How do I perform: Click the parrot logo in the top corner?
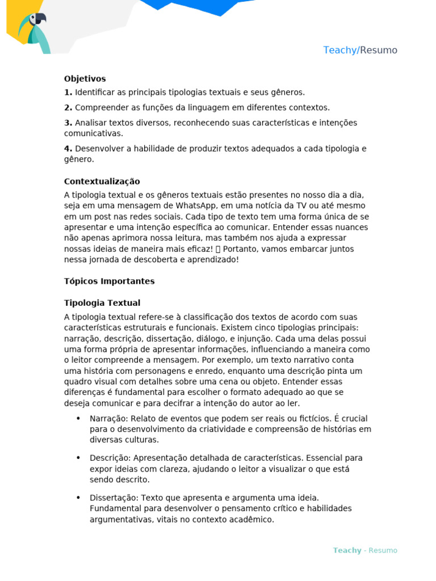(33, 31)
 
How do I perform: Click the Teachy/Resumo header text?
(360, 50)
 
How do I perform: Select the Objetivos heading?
(85, 79)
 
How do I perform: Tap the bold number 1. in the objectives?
(68, 92)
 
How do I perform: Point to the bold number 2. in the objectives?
(68, 108)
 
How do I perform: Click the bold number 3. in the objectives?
(68, 123)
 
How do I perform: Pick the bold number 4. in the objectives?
(68, 149)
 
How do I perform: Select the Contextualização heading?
(102, 182)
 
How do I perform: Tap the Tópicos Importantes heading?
(109, 281)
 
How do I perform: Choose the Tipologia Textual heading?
(102, 304)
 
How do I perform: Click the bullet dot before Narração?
(78, 419)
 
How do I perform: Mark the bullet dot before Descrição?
(78, 458)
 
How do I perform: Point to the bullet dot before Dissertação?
(78, 498)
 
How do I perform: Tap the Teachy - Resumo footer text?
(365, 550)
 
